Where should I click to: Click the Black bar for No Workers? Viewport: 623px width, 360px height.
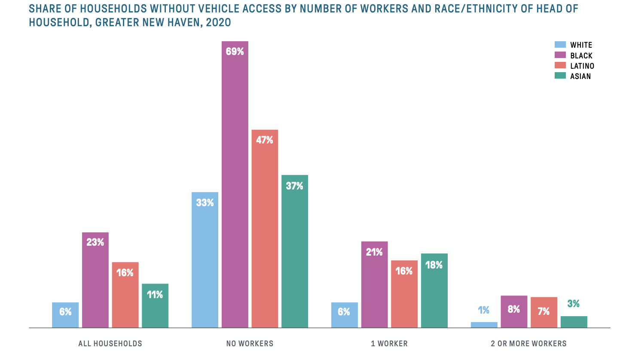point(235,185)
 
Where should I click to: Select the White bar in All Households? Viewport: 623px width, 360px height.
point(65,315)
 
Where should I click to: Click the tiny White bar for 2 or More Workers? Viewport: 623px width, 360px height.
point(484,325)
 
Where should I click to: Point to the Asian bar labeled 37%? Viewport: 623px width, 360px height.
point(295,251)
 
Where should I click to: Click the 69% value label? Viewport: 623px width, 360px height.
point(235,52)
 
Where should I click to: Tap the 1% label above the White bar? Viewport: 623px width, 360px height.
point(484,310)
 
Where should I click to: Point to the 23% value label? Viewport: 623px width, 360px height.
point(95,242)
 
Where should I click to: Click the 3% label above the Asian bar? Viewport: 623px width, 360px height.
point(574,304)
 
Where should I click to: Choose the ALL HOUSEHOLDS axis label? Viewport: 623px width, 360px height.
point(110,344)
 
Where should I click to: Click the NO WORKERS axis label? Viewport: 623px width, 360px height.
point(250,344)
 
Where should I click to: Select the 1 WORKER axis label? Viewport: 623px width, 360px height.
point(389,344)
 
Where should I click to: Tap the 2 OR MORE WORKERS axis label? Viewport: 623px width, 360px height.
point(528,344)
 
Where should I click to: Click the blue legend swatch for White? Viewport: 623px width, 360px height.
point(560,45)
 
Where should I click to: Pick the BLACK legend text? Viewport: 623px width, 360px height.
point(581,55)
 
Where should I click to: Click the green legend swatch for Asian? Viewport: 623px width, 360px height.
point(560,76)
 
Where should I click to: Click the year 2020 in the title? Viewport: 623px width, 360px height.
point(218,22)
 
